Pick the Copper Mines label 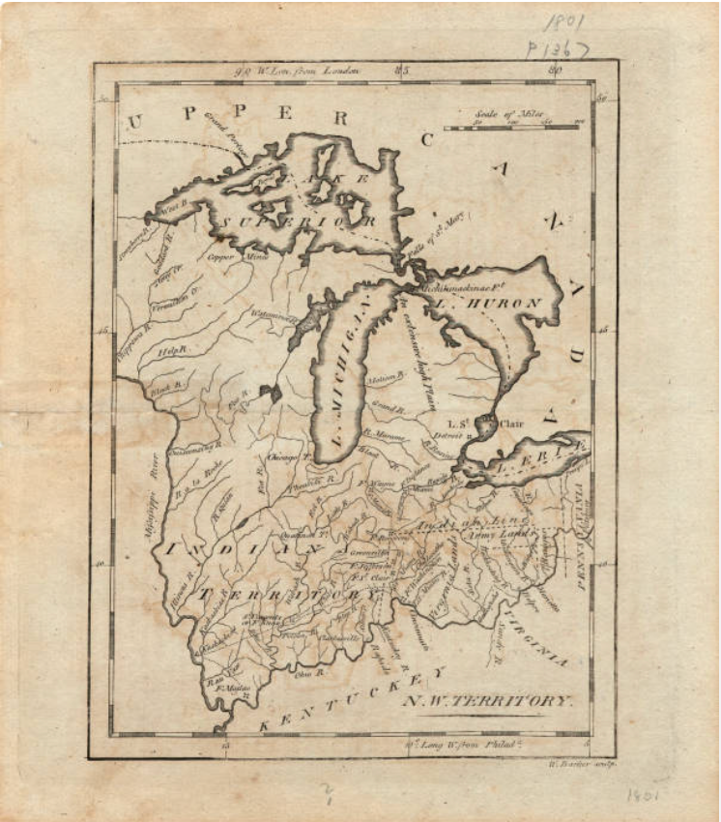click(x=237, y=258)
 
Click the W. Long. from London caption click(x=301, y=70)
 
